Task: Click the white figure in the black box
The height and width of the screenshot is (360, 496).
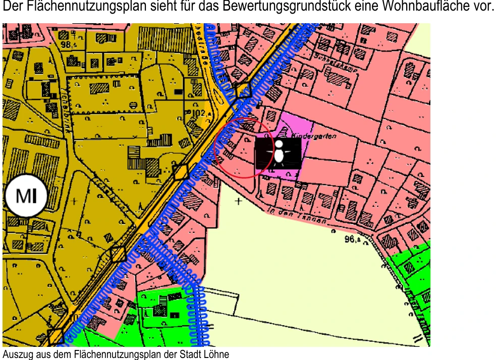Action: tap(279, 153)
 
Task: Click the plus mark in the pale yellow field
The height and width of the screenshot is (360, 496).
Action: tap(238, 201)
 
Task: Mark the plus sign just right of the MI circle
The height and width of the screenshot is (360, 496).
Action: tap(75, 201)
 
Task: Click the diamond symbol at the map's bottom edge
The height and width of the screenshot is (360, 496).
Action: tap(55, 336)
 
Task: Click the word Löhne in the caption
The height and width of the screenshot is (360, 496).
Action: tap(218, 354)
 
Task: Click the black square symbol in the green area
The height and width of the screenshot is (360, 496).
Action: tap(174, 315)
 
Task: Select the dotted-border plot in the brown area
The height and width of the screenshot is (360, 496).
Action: tap(103, 94)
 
